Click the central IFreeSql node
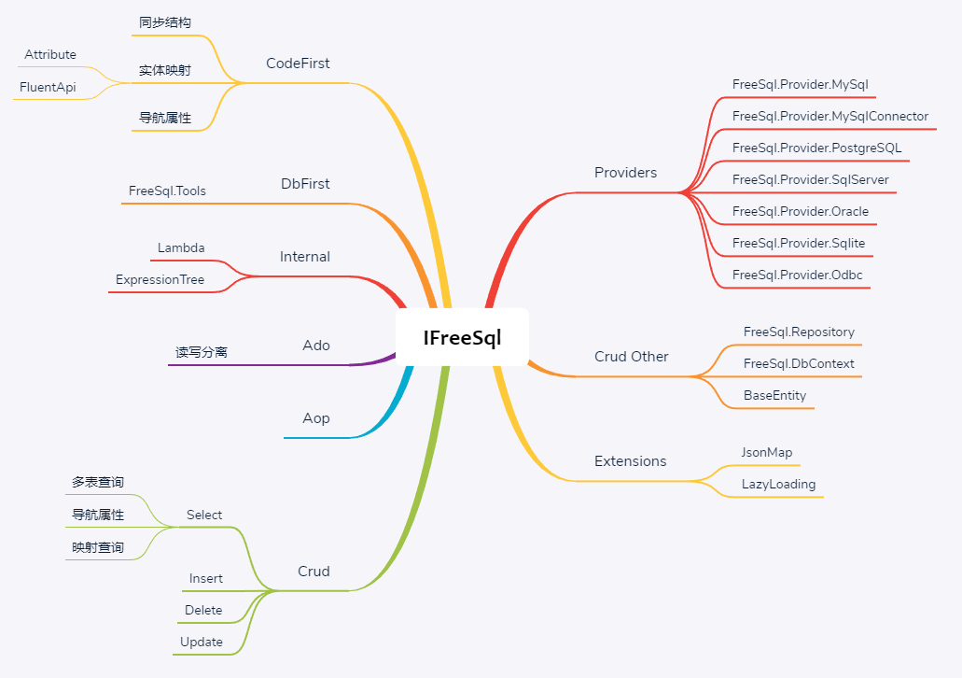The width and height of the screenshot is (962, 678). click(x=462, y=338)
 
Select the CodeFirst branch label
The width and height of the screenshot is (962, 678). click(x=298, y=64)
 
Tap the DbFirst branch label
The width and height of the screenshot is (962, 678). click(x=305, y=184)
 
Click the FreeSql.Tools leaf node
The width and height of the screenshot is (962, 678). click(x=167, y=191)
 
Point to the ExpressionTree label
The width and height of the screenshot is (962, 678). click(x=160, y=279)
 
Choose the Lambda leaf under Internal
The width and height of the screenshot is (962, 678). click(x=181, y=247)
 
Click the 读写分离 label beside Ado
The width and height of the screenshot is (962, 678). click(x=202, y=352)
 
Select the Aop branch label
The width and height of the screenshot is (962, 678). click(x=316, y=418)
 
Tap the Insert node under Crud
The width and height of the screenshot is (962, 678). click(x=206, y=578)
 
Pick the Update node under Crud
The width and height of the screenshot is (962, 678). click(x=202, y=642)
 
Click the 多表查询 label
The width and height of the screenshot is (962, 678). click(x=98, y=482)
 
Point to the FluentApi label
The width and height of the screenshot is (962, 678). click(x=48, y=87)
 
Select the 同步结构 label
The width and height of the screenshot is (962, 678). click(x=165, y=22)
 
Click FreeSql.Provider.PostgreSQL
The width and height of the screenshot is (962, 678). click(x=816, y=148)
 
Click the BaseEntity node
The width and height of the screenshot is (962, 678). click(x=774, y=395)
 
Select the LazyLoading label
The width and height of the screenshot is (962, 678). click(x=778, y=484)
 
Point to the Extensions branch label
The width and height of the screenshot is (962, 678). click(x=631, y=461)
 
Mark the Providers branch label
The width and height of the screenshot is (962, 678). click(x=625, y=173)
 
